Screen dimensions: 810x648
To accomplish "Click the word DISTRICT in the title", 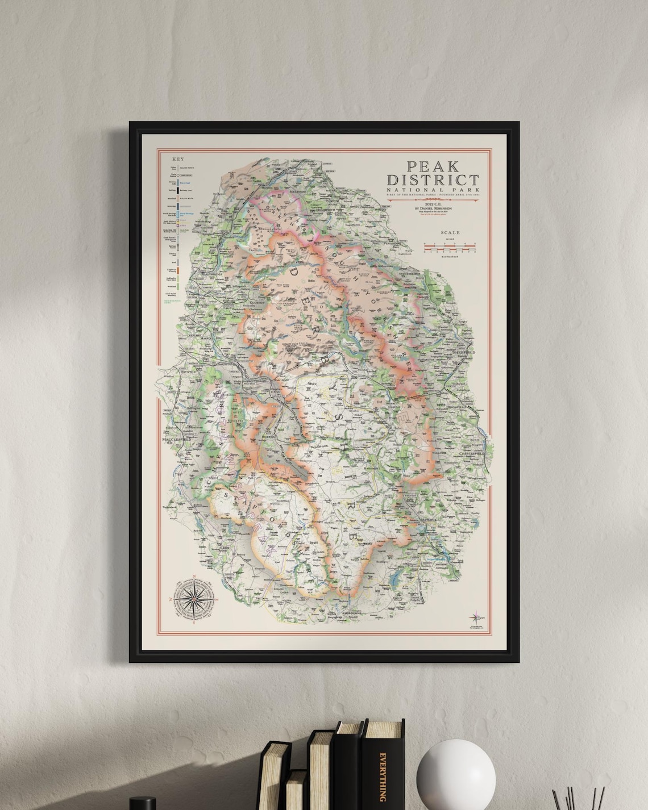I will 433,180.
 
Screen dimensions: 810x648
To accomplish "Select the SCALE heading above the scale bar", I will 450,232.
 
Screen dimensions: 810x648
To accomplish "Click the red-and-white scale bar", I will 449,247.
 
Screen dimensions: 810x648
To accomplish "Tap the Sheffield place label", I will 463,353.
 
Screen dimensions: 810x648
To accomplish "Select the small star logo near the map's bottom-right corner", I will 475,617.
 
